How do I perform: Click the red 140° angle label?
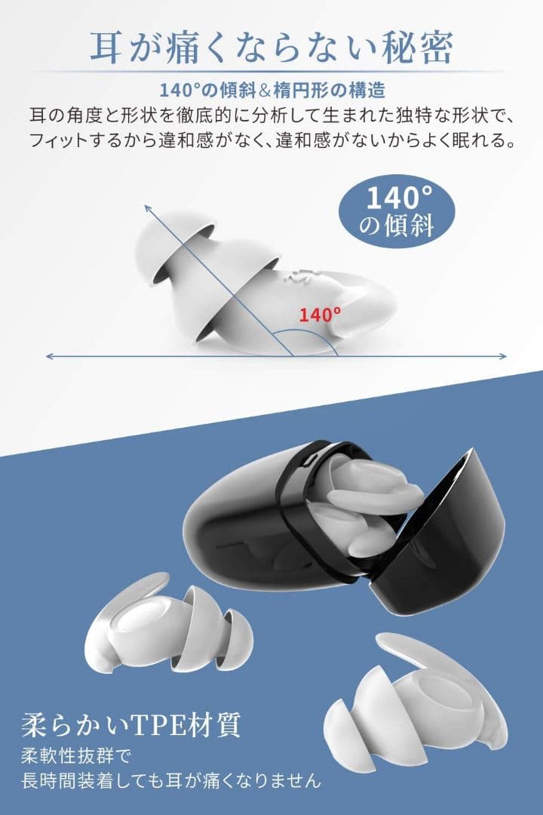tap(320, 314)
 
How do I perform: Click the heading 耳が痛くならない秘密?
tap(271, 48)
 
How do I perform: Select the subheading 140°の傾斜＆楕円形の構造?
tap(271, 91)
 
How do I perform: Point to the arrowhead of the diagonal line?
tap(148, 208)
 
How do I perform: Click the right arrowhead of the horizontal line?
tap(502, 356)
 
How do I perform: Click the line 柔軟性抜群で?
tap(77, 756)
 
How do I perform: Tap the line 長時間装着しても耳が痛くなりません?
tap(171, 780)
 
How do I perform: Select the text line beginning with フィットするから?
tap(271, 140)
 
